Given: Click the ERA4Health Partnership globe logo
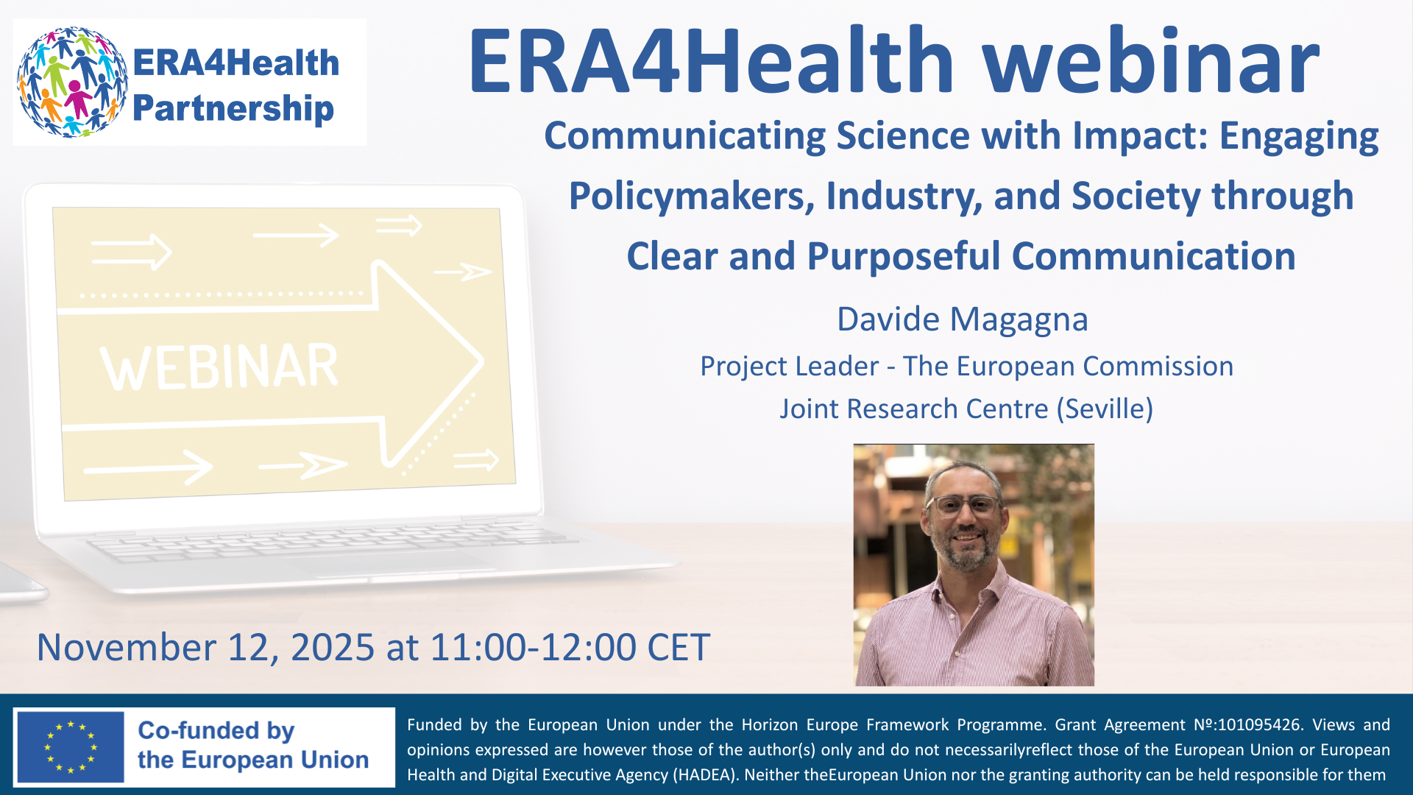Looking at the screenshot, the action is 72,82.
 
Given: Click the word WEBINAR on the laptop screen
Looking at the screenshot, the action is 219,367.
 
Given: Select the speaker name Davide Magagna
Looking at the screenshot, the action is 962,319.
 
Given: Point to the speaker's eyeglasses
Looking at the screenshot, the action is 965,506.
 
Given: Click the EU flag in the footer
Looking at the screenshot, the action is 71,747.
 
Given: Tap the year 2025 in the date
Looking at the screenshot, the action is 333,648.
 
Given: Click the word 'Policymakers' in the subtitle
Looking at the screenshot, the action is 691,197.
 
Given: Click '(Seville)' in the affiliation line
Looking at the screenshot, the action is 1105,409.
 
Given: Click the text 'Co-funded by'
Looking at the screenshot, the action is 216,730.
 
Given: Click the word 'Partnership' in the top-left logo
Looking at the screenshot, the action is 233,108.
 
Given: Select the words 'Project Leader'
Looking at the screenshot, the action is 790,367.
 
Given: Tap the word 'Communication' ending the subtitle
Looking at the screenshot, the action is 1153,256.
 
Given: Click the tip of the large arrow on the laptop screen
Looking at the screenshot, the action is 483,361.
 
